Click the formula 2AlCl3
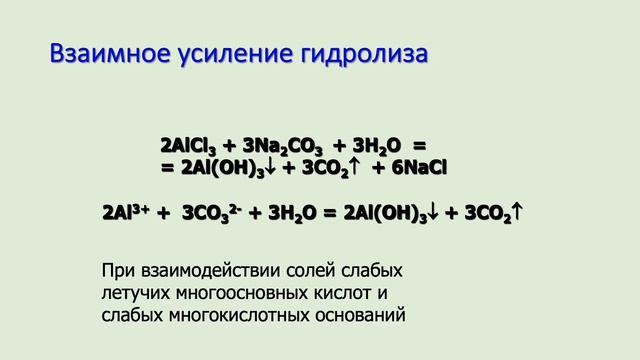point(189,145)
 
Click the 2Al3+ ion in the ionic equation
point(128,213)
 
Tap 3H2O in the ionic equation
point(289,213)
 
